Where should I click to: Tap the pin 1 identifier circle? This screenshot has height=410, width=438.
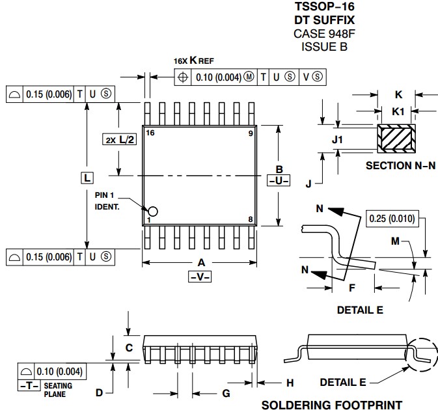(153, 211)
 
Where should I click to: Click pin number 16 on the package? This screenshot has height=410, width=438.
(150, 133)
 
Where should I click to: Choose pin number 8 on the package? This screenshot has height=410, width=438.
(250, 219)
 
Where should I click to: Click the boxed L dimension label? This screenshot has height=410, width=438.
(87, 177)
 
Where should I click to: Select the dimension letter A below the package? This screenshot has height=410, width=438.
(201, 262)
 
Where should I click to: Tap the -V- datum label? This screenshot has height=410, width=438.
(201, 276)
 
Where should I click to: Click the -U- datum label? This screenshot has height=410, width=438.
(278, 180)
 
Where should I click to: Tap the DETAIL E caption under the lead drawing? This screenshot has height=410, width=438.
(360, 310)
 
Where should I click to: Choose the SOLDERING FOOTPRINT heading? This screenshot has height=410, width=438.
(332, 405)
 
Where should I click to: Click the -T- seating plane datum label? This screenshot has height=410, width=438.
(28, 385)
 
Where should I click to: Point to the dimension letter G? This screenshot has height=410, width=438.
(226, 393)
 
